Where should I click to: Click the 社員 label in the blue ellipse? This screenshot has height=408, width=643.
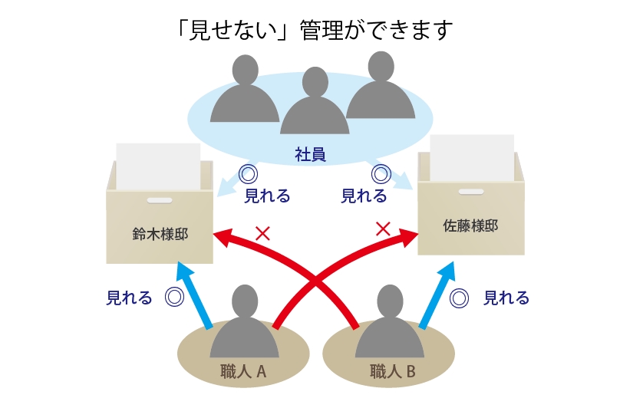[x=311, y=155]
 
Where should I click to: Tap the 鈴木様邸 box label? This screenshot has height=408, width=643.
[x=160, y=234]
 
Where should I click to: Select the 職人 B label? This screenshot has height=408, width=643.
[x=392, y=373]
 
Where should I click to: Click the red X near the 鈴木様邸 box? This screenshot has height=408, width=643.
[x=262, y=233]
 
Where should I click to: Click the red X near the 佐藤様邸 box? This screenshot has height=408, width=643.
[x=384, y=229]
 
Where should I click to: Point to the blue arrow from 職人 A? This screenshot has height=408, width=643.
[x=195, y=295]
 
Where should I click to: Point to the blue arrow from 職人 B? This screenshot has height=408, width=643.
[x=435, y=295]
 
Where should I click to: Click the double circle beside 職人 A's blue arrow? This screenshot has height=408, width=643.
[x=174, y=298]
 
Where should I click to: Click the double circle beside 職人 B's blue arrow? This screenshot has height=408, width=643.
[x=459, y=298]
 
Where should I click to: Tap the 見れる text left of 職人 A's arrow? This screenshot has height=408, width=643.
[x=129, y=298]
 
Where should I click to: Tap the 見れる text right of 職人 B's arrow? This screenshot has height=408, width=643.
[x=506, y=298]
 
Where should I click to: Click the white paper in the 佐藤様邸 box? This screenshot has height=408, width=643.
[x=472, y=157]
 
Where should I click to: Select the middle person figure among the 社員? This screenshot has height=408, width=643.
[x=315, y=104]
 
